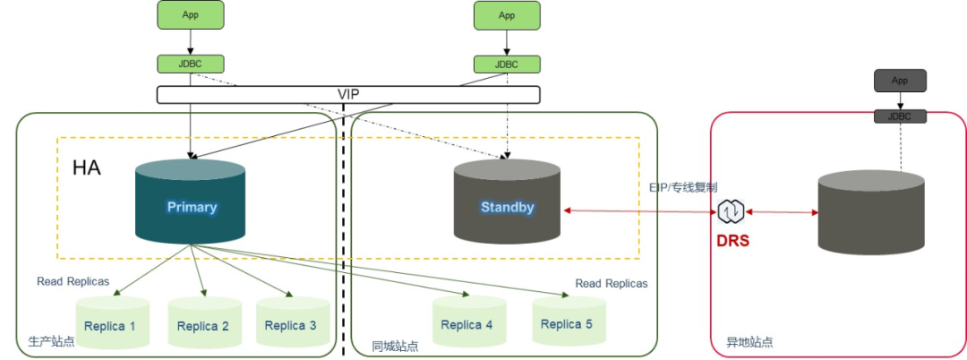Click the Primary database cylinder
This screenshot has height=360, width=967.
coord(191,203)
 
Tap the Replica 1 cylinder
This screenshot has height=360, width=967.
coord(110,323)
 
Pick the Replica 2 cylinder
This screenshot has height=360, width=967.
coord(203,323)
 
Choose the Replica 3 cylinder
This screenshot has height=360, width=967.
coord(291,323)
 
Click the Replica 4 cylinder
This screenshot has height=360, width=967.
coord(467,322)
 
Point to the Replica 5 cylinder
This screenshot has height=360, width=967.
coord(567,321)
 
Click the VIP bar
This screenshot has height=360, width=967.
coord(348,94)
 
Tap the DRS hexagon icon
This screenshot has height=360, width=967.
coord(731,212)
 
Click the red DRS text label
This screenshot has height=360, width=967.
coord(732,242)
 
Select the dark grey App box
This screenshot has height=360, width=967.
coord(900,81)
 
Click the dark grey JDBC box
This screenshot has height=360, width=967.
coord(900,116)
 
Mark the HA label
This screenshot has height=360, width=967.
coord(87,167)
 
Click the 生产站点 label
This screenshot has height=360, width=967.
coord(52,342)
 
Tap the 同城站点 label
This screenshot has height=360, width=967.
coord(395,345)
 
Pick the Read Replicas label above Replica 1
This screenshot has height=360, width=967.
coord(73,281)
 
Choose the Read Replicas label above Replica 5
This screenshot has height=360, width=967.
coord(611,283)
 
